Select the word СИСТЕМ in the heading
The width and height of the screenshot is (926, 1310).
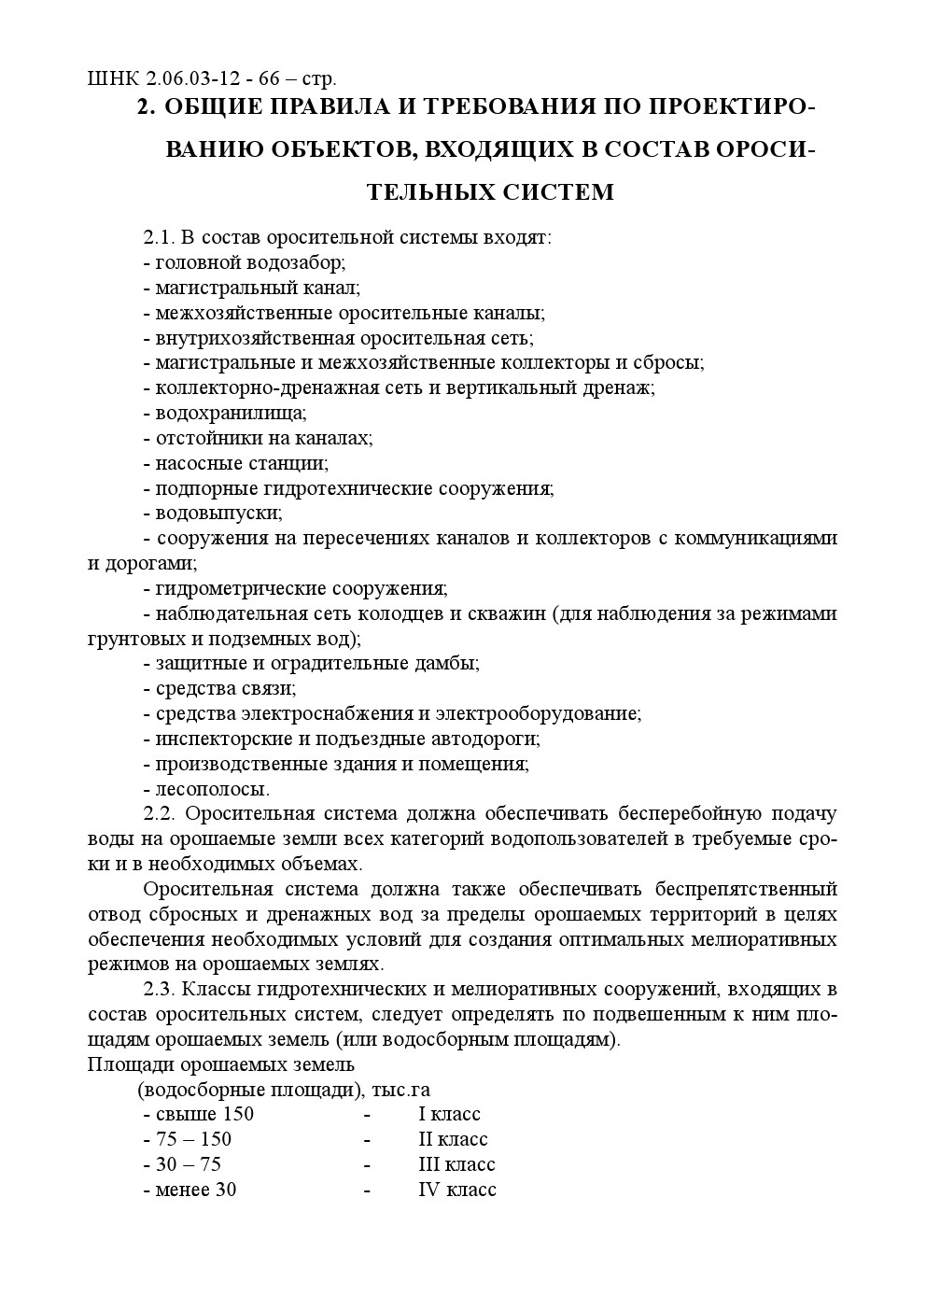click(x=558, y=192)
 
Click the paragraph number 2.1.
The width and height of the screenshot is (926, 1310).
click(x=158, y=237)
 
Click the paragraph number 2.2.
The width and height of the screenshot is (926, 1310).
click(x=158, y=814)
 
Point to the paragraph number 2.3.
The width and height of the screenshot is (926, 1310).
click(x=158, y=989)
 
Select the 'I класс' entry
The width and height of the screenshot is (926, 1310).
click(x=449, y=1115)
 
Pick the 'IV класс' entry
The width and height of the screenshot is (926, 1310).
click(x=457, y=1190)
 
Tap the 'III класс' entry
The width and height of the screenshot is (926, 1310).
click(x=456, y=1165)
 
